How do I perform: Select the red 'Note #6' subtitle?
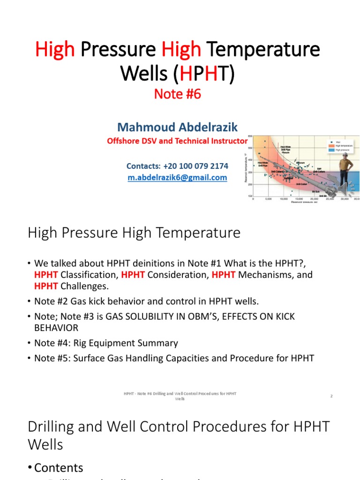click(x=178, y=94)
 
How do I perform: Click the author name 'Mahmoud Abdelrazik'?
click(x=177, y=127)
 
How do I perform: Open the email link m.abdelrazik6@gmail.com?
click(x=177, y=178)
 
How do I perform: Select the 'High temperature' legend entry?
click(x=342, y=146)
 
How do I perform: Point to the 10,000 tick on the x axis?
click(x=284, y=199)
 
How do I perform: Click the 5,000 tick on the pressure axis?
click(x=269, y=199)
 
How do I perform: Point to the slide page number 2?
click(x=331, y=396)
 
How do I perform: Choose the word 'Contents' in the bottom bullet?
click(x=59, y=468)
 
